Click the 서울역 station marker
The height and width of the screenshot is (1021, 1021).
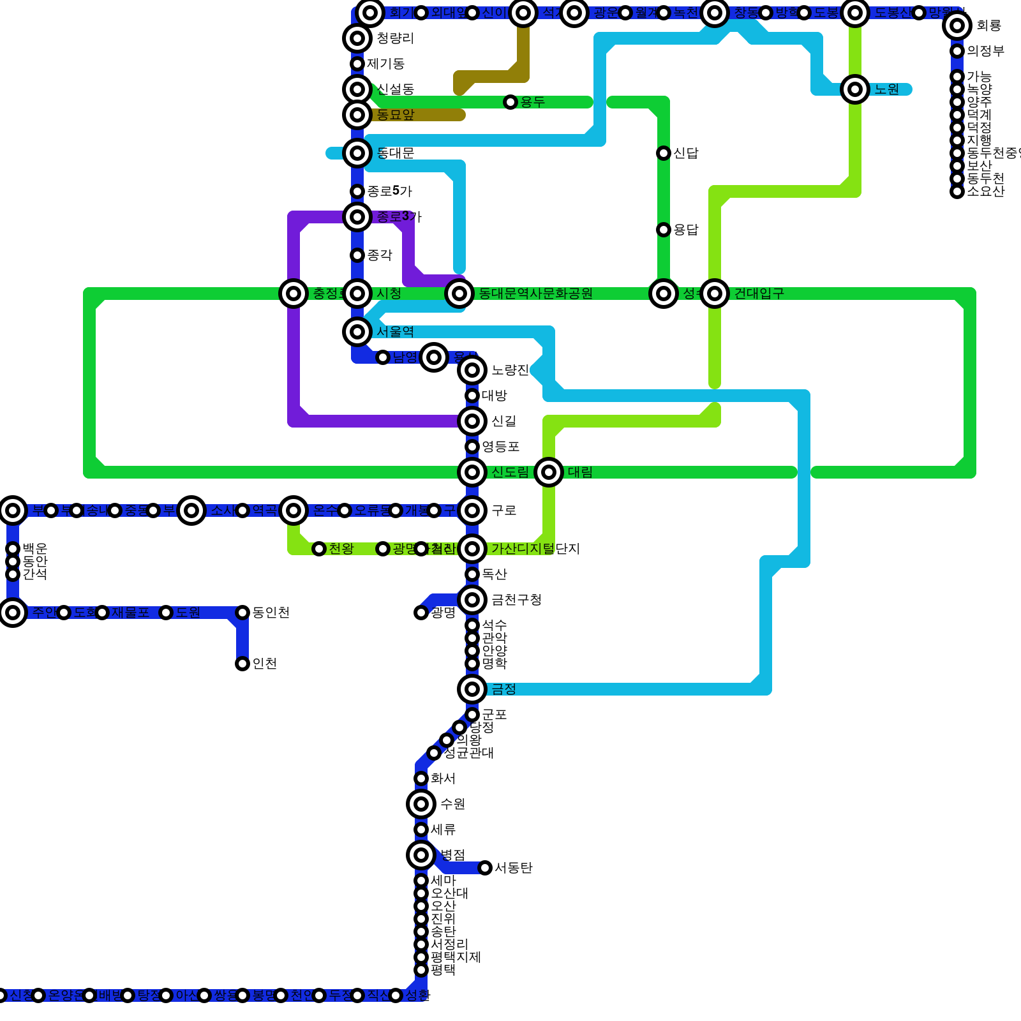(357, 332)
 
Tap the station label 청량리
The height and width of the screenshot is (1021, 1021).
(395, 38)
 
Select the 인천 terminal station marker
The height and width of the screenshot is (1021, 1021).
(242, 664)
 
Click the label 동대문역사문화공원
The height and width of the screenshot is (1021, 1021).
(535, 294)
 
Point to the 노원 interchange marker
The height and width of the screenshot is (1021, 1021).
(855, 89)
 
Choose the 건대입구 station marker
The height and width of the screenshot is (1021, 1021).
(715, 294)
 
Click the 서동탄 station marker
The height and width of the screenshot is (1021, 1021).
(485, 868)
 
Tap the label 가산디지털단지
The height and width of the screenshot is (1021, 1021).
(535, 549)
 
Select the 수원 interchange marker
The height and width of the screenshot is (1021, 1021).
(421, 804)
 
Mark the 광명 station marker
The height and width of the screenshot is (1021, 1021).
(421, 613)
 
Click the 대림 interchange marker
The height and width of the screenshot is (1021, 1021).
(549, 472)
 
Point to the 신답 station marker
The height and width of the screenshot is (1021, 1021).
(664, 153)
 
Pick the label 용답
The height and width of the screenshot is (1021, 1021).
(686, 230)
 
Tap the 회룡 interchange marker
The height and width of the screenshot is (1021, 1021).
(957, 26)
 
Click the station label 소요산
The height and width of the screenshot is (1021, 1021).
(985, 191)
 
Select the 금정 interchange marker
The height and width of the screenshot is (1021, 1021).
(472, 689)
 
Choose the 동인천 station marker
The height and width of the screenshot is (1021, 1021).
(242, 613)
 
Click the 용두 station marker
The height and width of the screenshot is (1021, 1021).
(511, 102)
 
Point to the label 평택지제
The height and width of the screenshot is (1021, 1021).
(456, 957)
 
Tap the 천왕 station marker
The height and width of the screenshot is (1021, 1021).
(319, 549)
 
